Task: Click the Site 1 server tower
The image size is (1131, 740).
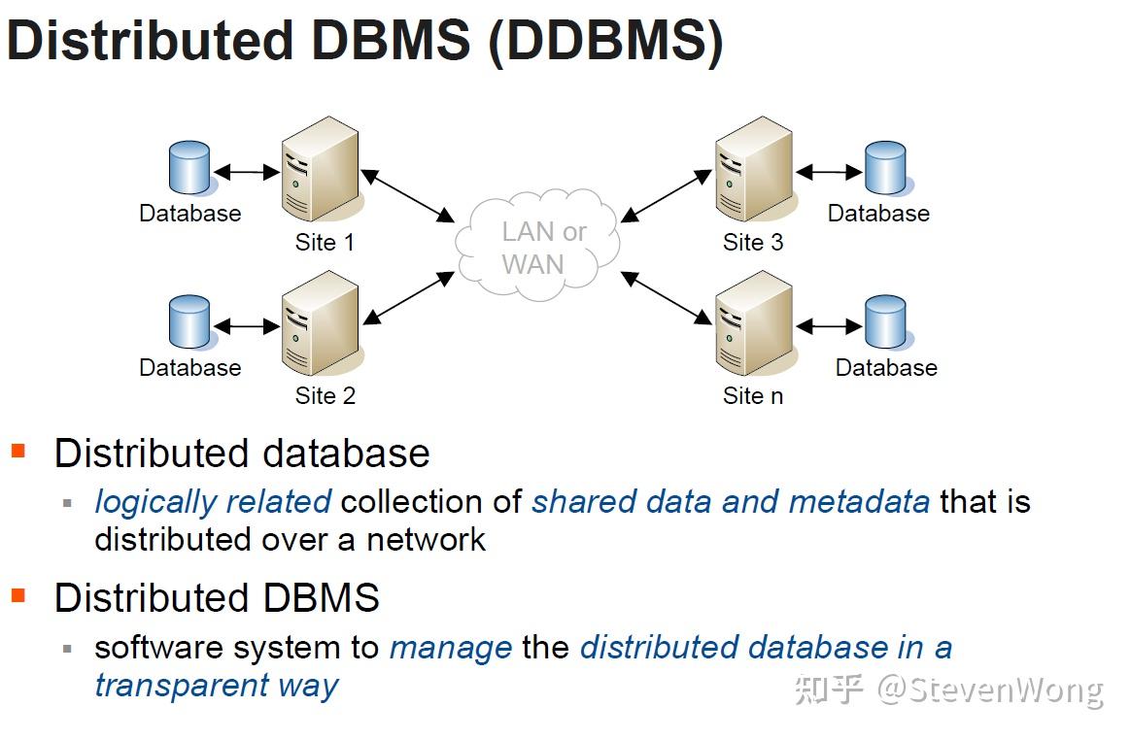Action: pyautogui.click(x=321, y=169)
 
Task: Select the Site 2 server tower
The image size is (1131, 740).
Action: pyautogui.click(x=321, y=323)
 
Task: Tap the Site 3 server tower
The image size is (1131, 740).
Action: pyautogui.click(x=754, y=169)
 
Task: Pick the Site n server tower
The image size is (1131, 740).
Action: pyautogui.click(x=754, y=323)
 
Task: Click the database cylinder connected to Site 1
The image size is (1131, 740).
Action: pyautogui.click(x=189, y=167)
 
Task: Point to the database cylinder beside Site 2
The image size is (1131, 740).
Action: pyautogui.click(x=189, y=321)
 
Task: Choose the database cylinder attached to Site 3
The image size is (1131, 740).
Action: pyautogui.click(x=885, y=167)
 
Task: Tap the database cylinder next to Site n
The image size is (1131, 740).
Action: pyautogui.click(x=885, y=321)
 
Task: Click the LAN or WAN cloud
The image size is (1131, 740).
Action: pyautogui.click(x=537, y=245)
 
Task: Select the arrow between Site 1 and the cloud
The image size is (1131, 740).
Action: pyautogui.click(x=407, y=195)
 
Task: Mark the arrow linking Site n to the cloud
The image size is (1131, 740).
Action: pyautogui.click(x=666, y=298)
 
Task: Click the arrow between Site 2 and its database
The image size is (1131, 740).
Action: pyautogui.click(x=247, y=326)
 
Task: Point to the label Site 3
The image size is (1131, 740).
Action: pyautogui.click(x=753, y=243)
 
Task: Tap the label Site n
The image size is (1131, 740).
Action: pyautogui.click(x=753, y=396)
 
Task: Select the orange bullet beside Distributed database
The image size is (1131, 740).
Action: pyautogui.click(x=18, y=452)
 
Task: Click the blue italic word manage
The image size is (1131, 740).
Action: pyautogui.click(x=451, y=649)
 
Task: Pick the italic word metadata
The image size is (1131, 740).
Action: pyautogui.click(x=859, y=502)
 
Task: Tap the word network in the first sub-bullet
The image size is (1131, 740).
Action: pyautogui.click(x=427, y=540)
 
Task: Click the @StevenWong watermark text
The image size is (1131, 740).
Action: pyautogui.click(x=990, y=690)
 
